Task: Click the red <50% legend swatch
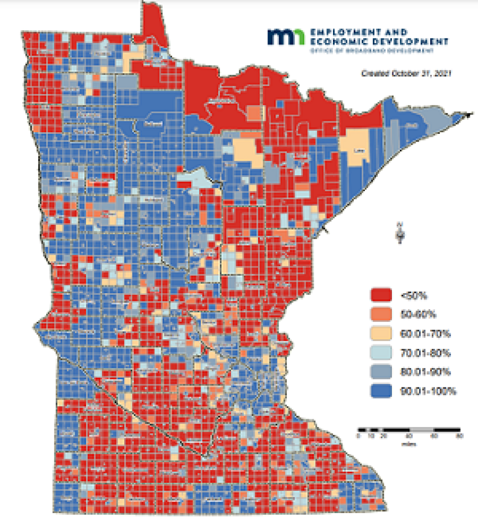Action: [x=380, y=295]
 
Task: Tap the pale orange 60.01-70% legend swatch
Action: [x=380, y=333]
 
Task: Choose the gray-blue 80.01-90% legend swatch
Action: [x=380, y=372]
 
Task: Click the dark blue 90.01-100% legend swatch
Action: [x=380, y=391]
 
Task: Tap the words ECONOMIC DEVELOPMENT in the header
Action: [x=379, y=41]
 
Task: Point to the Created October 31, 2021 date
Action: [x=406, y=73]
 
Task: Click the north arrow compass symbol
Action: [x=400, y=232]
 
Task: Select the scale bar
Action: [x=409, y=429]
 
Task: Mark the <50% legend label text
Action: [x=413, y=295]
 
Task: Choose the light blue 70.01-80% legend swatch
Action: [x=380, y=353]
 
